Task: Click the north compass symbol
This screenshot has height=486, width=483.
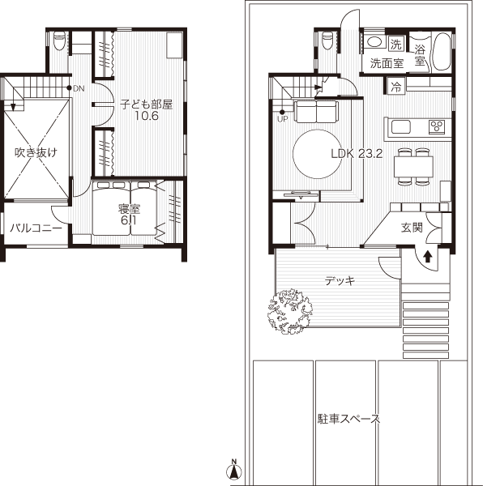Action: (x=234, y=471)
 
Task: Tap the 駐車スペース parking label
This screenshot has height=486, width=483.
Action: (x=348, y=419)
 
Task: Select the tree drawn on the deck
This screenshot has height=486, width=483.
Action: (x=290, y=311)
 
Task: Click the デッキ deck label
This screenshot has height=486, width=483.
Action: (x=340, y=281)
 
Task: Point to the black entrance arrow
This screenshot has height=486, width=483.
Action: (x=428, y=256)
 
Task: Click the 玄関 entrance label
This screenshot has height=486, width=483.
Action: (x=412, y=227)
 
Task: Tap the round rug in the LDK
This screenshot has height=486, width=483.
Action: (x=317, y=154)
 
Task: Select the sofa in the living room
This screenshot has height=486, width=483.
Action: (x=316, y=112)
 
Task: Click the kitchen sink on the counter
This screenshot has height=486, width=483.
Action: (x=401, y=127)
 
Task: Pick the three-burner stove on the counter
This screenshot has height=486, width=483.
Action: (x=437, y=127)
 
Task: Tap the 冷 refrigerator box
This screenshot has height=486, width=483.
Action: (x=395, y=87)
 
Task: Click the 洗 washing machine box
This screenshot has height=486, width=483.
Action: (x=396, y=45)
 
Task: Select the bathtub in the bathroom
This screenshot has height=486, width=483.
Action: (x=442, y=52)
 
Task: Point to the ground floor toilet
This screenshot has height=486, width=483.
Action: (x=327, y=40)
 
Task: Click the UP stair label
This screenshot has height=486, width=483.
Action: (x=283, y=119)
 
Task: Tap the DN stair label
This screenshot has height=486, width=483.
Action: (x=79, y=88)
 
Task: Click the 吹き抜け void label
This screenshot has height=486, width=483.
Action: (x=36, y=152)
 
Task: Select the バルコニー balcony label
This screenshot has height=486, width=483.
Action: (x=36, y=228)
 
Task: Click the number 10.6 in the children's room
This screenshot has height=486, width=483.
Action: (x=147, y=116)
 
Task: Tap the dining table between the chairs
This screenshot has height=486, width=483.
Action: (x=413, y=166)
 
